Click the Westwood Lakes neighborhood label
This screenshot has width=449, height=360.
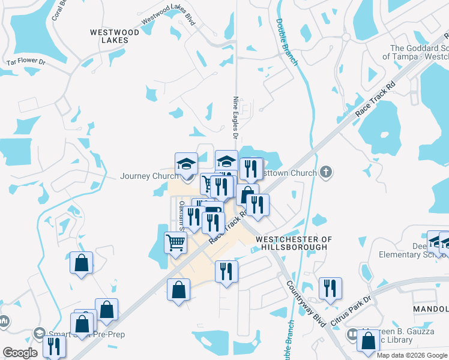click(x=114, y=36)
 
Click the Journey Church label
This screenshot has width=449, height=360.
click(x=149, y=176)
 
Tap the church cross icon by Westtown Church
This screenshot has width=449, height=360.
click(x=325, y=173)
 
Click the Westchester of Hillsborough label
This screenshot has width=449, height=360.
click(x=294, y=243)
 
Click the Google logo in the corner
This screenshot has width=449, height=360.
click(x=20, y=353)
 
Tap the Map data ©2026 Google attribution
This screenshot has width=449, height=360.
click(x=412, y=355)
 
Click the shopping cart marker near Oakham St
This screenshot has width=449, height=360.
click(x=175, y=243)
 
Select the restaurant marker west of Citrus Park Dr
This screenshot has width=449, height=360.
click(x=330, y=288)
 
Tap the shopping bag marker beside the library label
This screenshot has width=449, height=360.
click(x=367, y=340)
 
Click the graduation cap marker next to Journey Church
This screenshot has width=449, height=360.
click(x=186, y=163)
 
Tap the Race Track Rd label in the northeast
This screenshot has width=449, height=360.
click(x=376, y=98)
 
